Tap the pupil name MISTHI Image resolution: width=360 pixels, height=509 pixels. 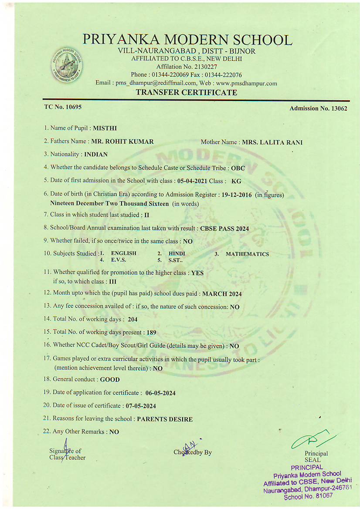[x=105, y=128]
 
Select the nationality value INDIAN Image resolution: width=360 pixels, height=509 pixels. [x=96, y=154]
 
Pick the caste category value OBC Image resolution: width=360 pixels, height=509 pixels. [x=238, y=168]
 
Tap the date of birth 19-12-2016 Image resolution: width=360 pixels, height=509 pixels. [x=237, y=195]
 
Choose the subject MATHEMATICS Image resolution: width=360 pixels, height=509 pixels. [x=247, y=254]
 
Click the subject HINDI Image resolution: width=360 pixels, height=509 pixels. [x=177, y=253]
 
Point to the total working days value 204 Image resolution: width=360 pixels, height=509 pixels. [x=132, y=320]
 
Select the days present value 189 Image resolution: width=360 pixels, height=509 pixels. [x=151, y=333]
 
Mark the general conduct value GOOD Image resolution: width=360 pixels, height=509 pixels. [x=110, y=380]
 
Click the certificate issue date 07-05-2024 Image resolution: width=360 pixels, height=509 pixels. [x=141, y=406]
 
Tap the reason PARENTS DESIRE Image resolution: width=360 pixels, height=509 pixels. [x=165, y=419]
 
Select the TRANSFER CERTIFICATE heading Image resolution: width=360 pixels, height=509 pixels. [x=187, y=92]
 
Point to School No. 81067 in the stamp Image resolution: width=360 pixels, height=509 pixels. [x=308, y=496]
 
